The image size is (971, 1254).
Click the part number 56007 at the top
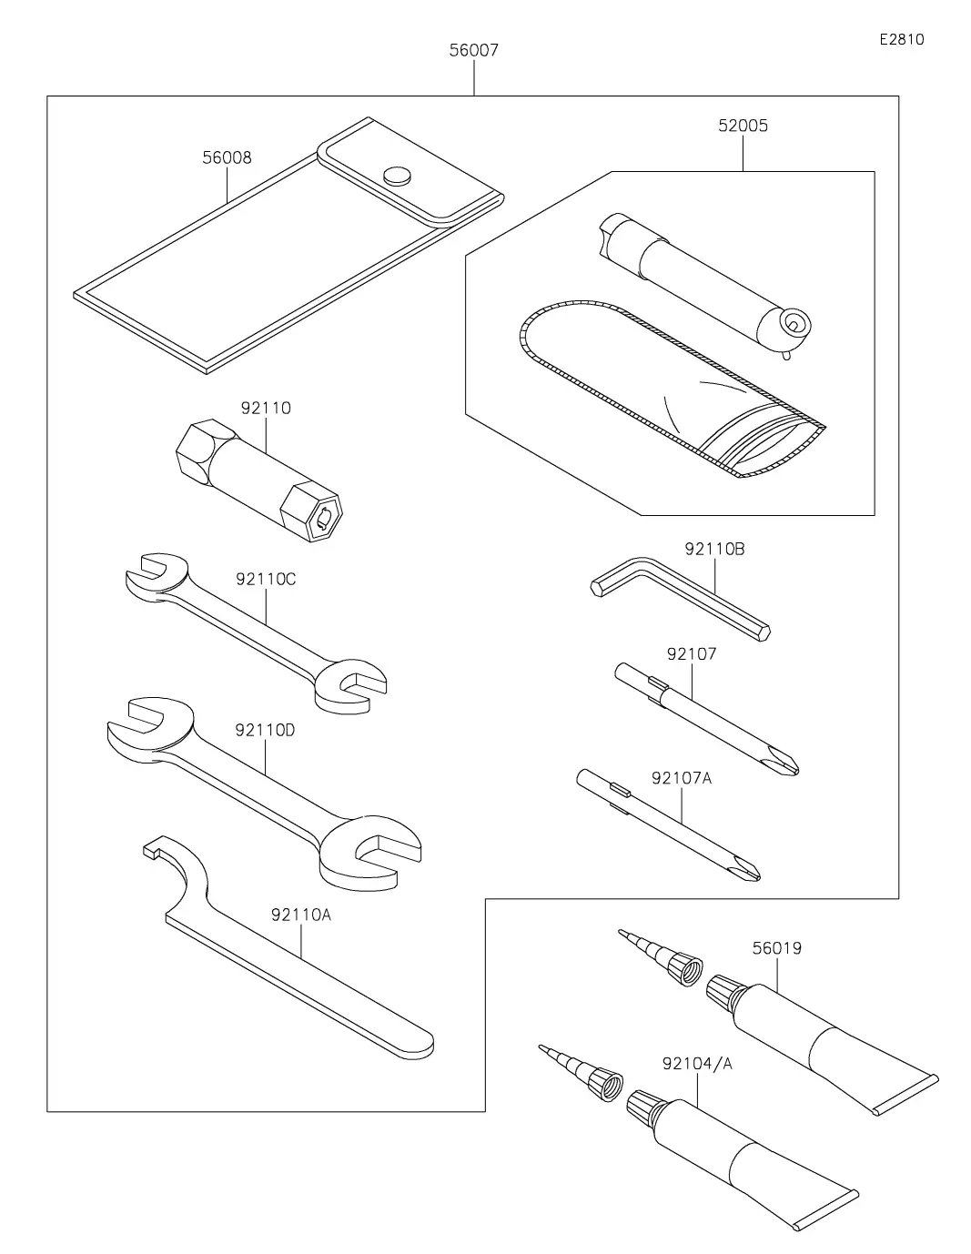473,51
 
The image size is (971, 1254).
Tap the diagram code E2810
902,39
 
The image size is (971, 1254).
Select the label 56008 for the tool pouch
227,158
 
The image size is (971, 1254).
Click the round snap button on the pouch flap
397,175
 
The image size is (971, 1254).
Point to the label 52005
743,126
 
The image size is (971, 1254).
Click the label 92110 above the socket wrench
266,408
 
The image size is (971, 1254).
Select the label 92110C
266,579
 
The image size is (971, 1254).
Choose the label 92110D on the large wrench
265,730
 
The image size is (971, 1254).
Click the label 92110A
301,915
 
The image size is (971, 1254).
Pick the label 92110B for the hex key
715,549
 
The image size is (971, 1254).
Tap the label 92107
692,653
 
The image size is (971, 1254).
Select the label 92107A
682,778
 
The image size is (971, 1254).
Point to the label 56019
777,948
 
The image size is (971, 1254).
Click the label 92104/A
697,1064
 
